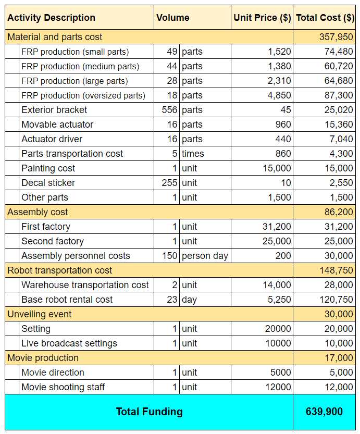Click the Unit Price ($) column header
(x=262, y=17)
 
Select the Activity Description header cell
(x=52, y=17)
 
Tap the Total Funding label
(x=149, y=412)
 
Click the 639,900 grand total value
(x=324, y=412)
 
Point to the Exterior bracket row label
(x=54, y=110)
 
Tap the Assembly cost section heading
(x=38, y=212)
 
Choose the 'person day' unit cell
(x=205, y=256)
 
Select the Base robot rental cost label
(x=67, y=300)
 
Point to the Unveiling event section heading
(x=40, y=314)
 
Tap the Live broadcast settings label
(x=69, y=343)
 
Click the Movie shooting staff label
(x=63, y=387)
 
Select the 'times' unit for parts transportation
(x=193, y=154)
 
